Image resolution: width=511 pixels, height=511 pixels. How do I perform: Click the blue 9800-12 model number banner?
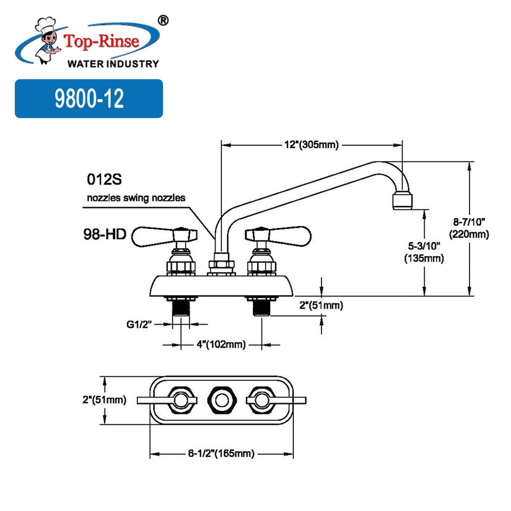(88, 98)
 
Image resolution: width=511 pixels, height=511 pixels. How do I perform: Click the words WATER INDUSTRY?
(113, 64)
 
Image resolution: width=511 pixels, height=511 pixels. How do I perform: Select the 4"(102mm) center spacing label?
(220, 345)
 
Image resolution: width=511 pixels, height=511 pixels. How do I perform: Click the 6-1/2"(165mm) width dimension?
(221, 454)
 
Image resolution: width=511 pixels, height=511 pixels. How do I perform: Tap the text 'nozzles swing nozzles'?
(136, 198)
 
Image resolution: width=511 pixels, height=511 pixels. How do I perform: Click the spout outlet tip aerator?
(402, 201)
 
